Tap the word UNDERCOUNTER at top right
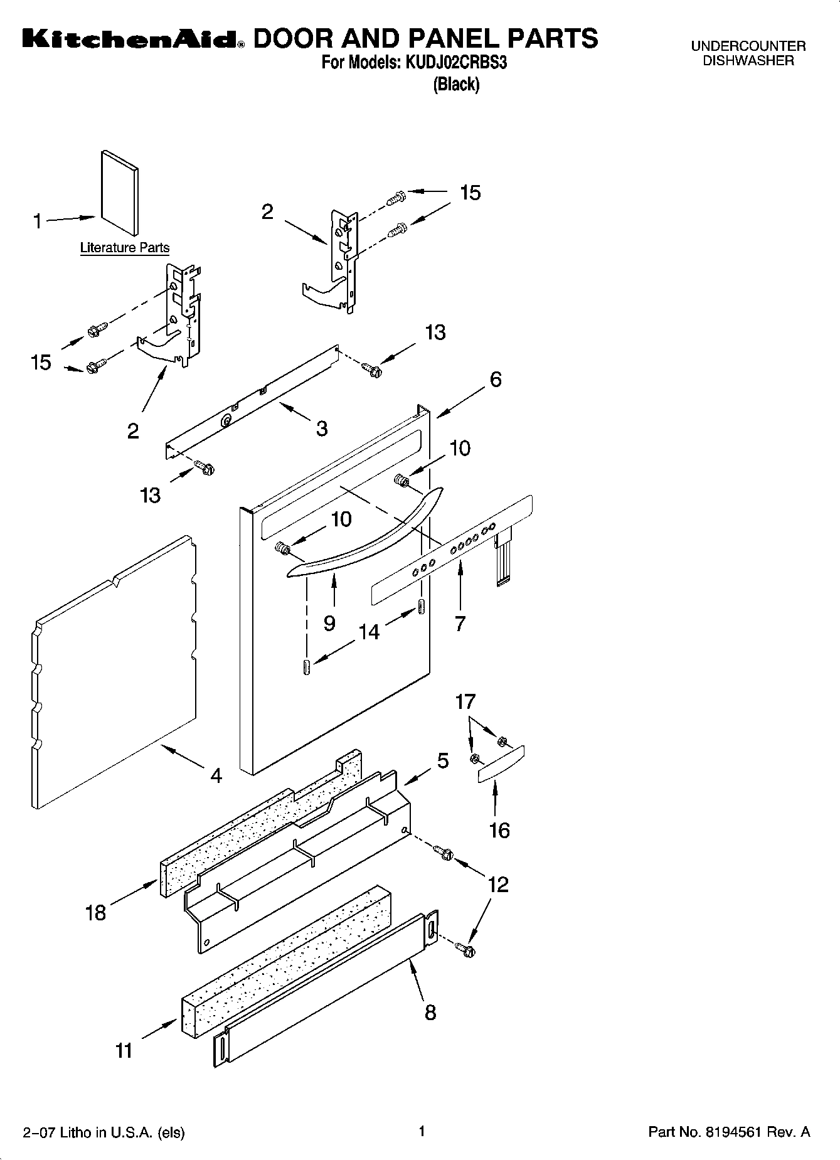click(748, 46)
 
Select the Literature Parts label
click(125, 248)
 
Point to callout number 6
click(496, 380)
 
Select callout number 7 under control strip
click(460, 623)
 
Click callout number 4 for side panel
click(216, 776)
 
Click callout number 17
click(465, 701)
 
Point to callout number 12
click(498, 885)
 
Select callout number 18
click(95, 913)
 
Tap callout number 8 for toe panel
click(430, 1012)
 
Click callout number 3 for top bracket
click(321, 428)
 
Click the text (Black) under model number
click(456, 85)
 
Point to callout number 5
click(443, 761)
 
